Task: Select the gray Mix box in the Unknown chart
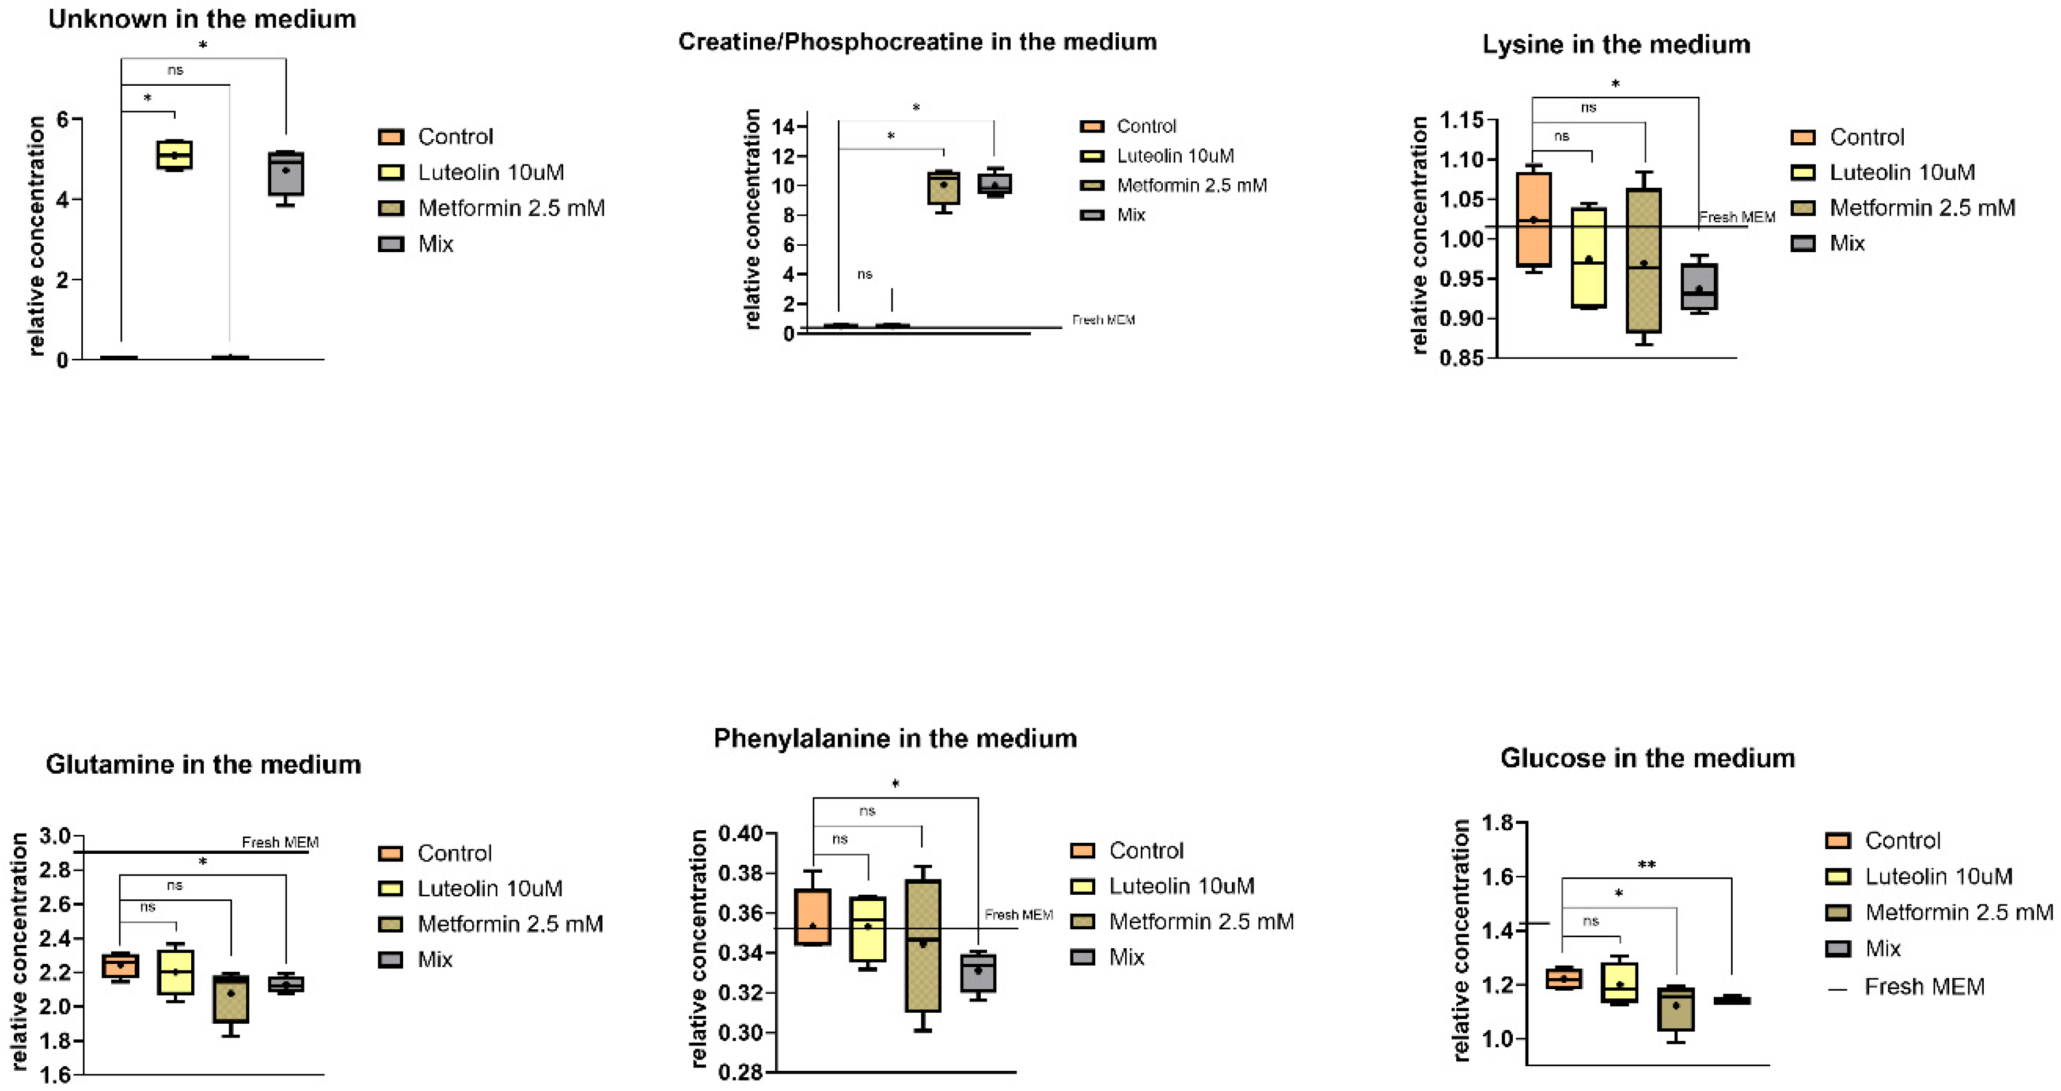point(286,173)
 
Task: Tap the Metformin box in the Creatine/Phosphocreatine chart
point(944,188)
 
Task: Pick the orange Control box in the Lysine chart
point(1534,219)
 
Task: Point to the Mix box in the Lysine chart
point(1699,286)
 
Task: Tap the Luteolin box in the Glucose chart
point(1620,982)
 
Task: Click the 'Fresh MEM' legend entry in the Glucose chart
point(1924,987)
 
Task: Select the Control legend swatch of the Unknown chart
point(390,137)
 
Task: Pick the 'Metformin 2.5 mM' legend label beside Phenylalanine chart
point(1201,921)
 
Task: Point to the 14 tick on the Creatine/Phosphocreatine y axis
point(783,127)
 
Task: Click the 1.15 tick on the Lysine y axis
point(1461,121)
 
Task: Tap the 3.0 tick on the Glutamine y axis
point(55,836)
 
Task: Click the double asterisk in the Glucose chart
point(1646,865)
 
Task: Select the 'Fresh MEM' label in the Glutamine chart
point(280,842)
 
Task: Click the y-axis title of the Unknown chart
point(36,236)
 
